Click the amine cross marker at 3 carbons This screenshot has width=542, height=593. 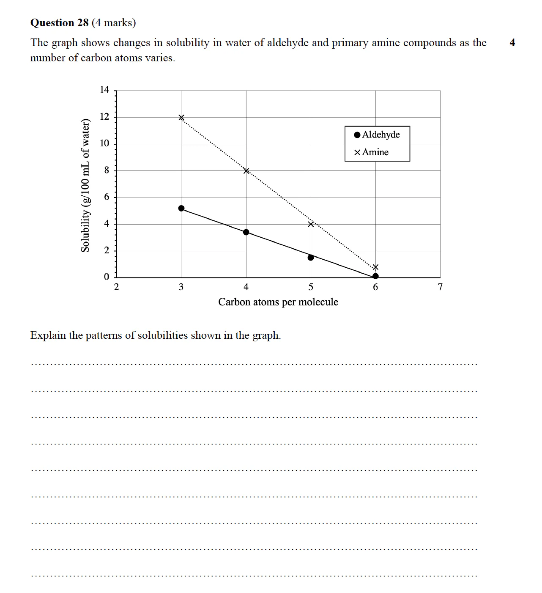click(x=181, y=118)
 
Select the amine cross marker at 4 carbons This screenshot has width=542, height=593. click(x=246, y=171)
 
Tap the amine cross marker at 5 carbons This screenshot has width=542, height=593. click(x=311, y=224)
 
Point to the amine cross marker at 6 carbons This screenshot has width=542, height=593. click(x=375, y=267)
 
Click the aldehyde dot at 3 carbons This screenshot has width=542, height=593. click(x=181, y=208)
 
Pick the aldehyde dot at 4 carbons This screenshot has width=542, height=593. click(x=246, y=232)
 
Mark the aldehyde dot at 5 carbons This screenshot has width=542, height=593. click(x=311, y=258)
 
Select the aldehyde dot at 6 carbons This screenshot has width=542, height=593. click(x=375, y=276)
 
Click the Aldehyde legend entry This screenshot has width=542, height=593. click(x=377, y=135)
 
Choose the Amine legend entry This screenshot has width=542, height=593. click(x=371, y=152)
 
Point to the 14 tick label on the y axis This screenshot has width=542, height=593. click(x=104, y=90)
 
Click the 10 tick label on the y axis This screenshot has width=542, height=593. click(x=104, y=143)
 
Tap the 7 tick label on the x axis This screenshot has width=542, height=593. click(x=440, y=287)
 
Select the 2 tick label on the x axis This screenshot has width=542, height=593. click(x=116, y=287)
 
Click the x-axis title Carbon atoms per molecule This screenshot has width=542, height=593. click(x=278, y=302)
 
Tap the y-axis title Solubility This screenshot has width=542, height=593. click(x=85, y=185)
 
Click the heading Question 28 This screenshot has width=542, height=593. click(x=59, y=23)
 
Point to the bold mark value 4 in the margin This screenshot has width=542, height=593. click(x=512, y=42)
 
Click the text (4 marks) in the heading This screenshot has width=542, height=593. click(x=114, y=23)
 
